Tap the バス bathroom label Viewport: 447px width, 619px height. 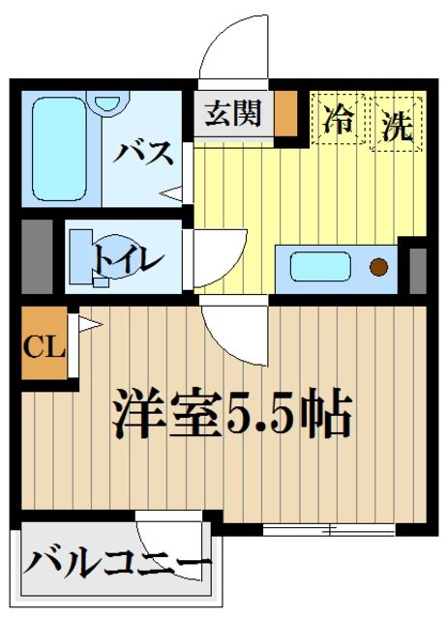(146, 152)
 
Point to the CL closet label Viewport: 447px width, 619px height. (43, 345)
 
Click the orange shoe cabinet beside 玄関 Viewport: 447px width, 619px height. (285, 115)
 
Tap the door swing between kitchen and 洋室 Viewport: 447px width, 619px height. (232, 329)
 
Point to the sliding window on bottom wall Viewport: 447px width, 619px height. (329, 529)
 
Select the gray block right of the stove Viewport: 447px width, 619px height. (418, 269)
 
